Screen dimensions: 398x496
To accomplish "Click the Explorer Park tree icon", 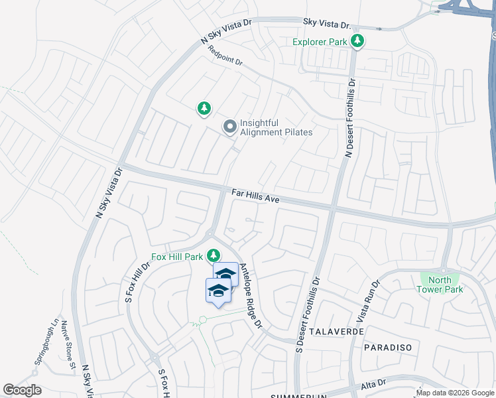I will [x=357, y=42].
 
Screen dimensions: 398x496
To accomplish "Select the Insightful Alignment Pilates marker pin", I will [x=230, y=126].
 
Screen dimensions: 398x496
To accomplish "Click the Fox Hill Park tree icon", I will [x=214, y=255].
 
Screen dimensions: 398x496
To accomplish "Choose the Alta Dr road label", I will [x=373, y=385].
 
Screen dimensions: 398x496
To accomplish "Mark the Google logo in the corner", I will [x=22, y=390].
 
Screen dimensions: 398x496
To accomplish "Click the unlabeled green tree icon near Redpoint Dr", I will [x=204, y=108].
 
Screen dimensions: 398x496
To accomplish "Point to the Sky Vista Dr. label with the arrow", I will [x=326, y=23].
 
